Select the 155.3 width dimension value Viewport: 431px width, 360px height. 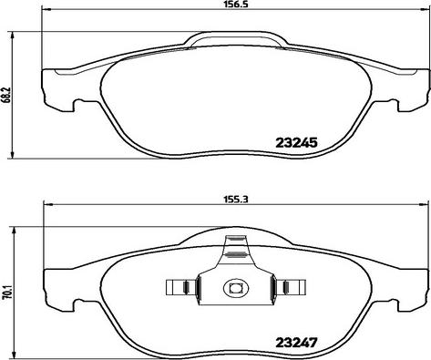[x=236, y=200]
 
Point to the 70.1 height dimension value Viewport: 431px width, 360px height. [x=6, y=293]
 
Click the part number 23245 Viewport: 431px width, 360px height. [x=296, y=142]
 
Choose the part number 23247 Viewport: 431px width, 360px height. [x=296, y=343]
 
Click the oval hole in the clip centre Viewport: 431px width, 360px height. [x=236, y=287]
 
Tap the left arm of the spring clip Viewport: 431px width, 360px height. [x=182, y=287]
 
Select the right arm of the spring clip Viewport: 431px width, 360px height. [x=290, y=287]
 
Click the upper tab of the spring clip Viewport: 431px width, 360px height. [x=236, y=248]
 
